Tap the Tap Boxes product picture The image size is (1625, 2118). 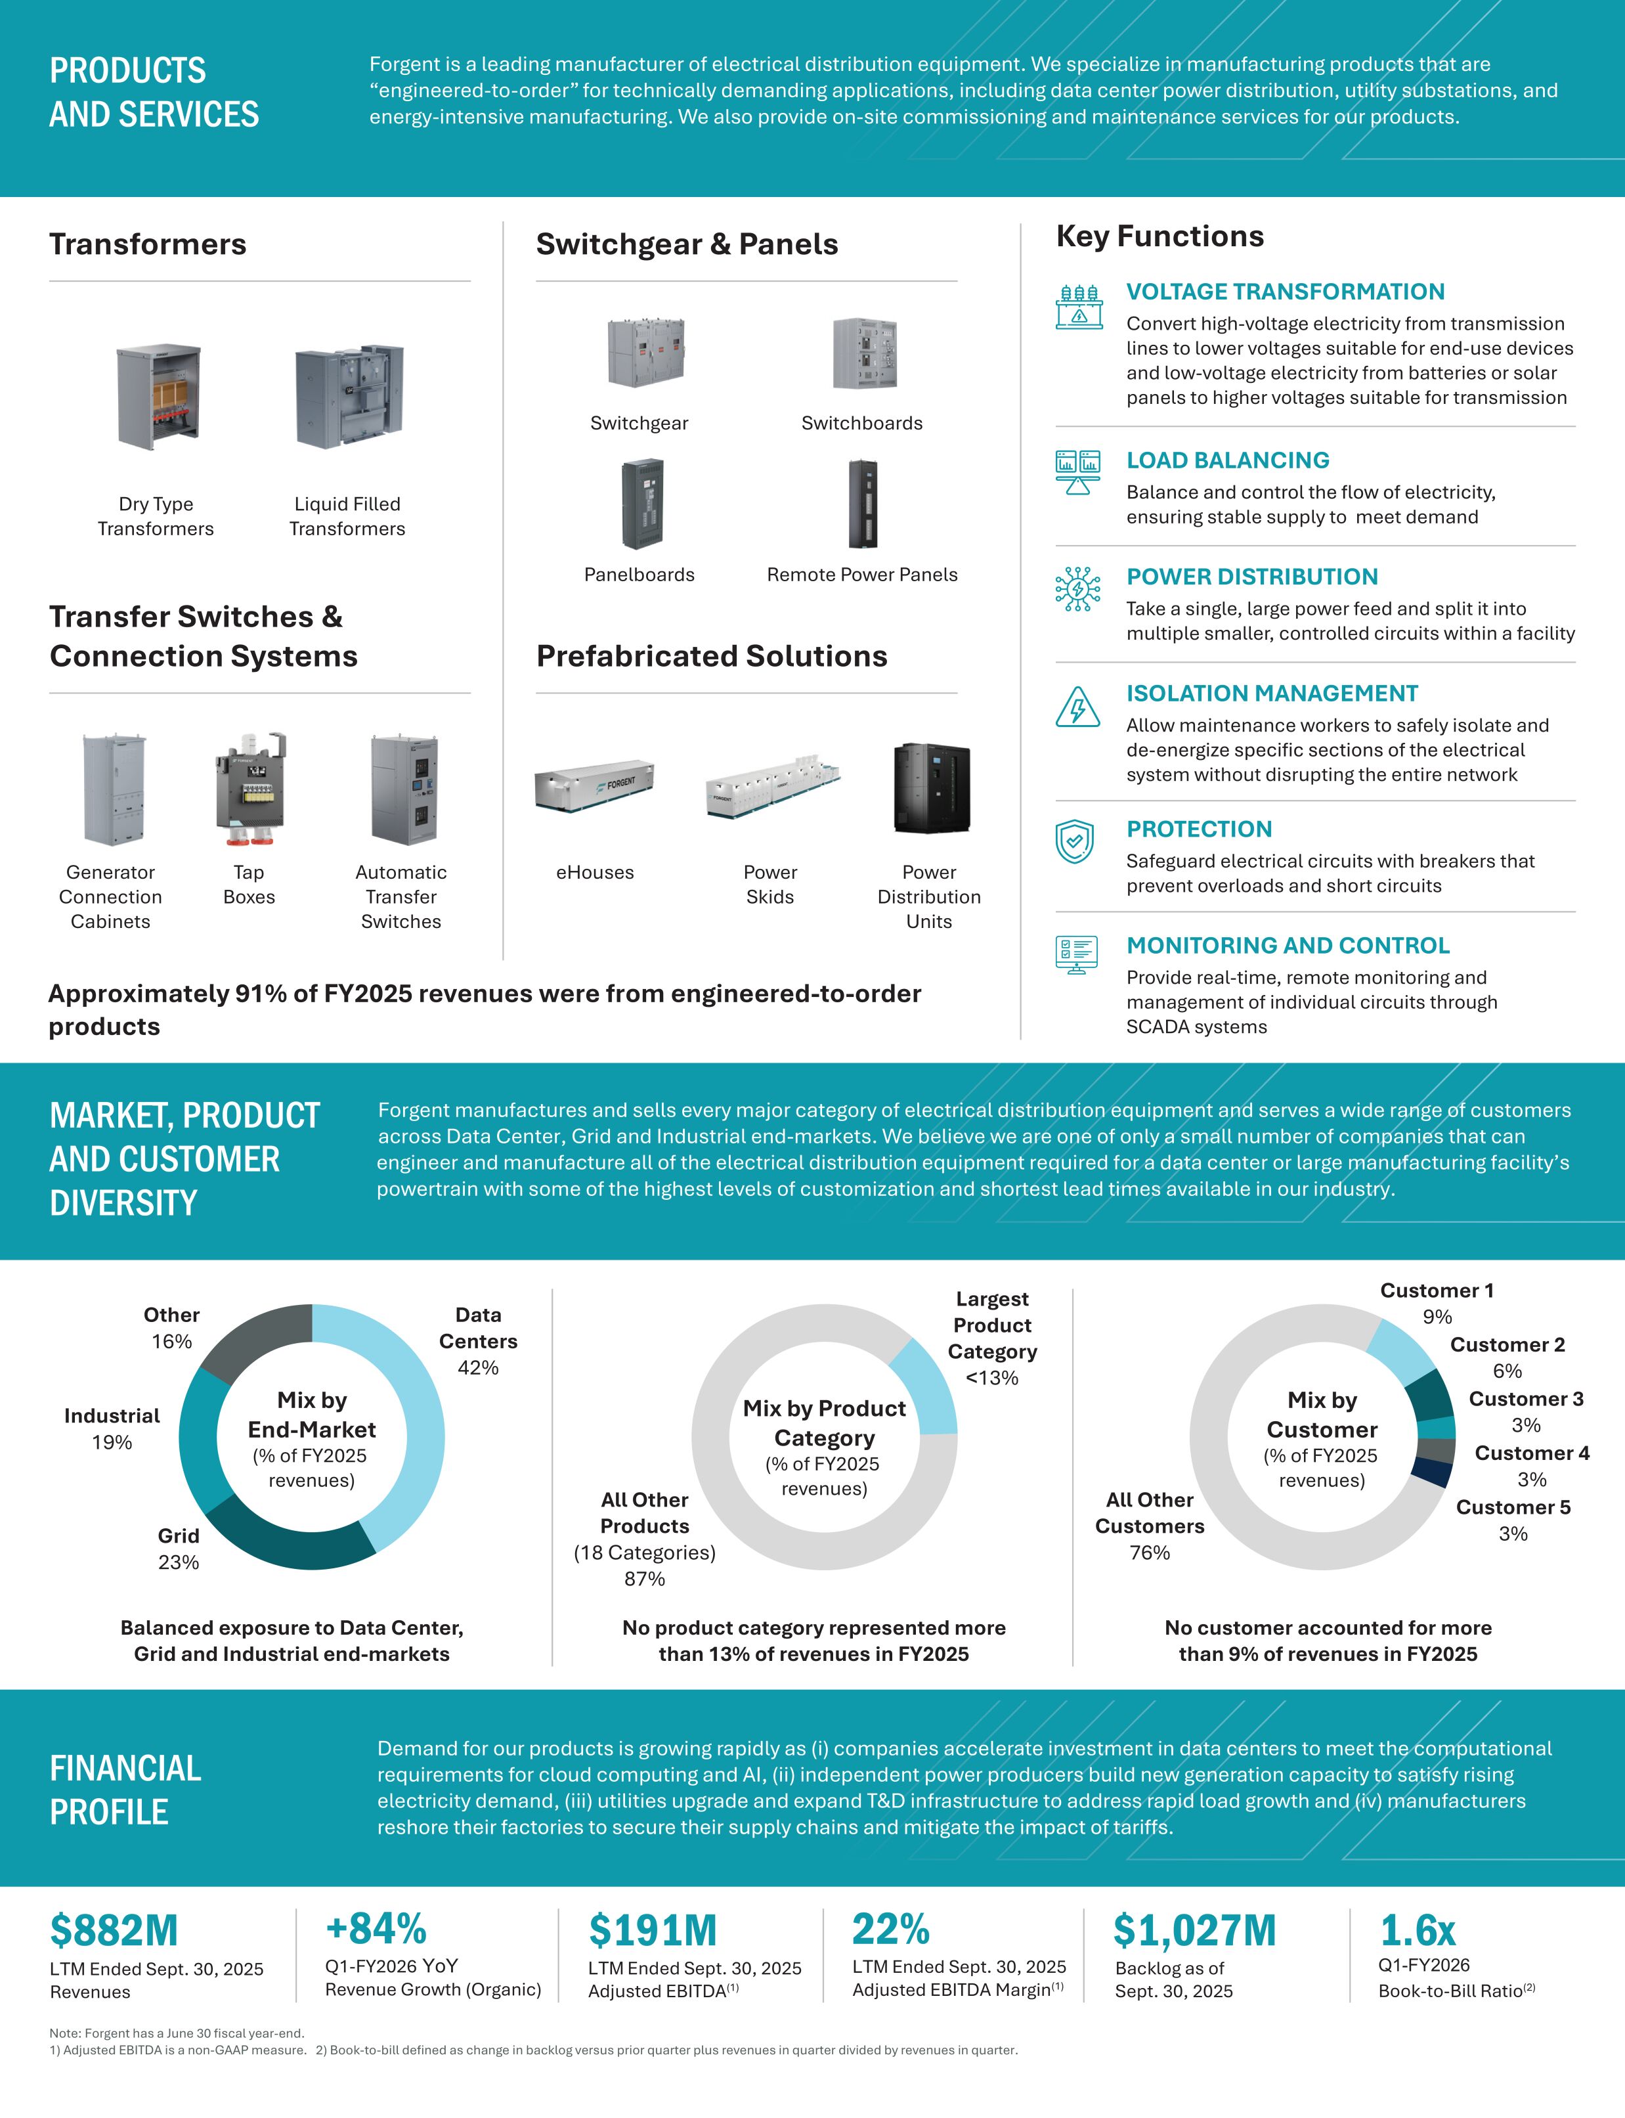tap(249, 789)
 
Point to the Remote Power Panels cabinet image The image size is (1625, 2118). tap(863, 504)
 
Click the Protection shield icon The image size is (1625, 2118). tap(1075, 842)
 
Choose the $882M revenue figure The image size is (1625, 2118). tap(114, 1930)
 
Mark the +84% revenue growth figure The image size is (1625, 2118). tap(376, 1928)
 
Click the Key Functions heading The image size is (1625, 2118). tap(1159, 236)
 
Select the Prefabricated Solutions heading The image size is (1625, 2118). tap(712, 656)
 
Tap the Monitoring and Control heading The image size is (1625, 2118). tap(1288, 945)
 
